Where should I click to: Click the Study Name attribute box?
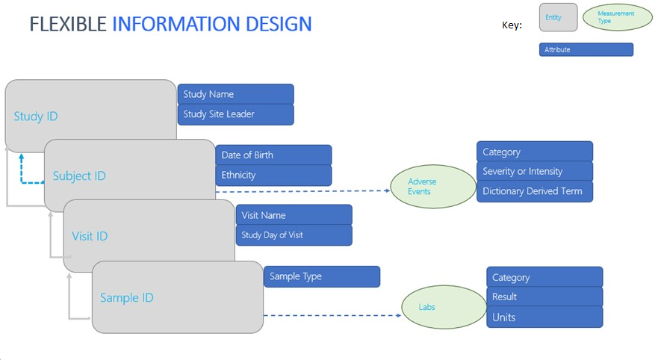236,94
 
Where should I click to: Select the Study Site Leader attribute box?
236,115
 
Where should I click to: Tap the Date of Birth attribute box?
273,155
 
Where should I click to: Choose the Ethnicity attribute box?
273,176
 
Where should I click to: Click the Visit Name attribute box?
294,215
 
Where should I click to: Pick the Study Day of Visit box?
294,235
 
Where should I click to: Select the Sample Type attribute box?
322,276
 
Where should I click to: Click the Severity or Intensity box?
535,171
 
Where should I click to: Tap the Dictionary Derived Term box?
535,191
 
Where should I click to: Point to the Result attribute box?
544,297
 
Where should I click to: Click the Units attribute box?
544,317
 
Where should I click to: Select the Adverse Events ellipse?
433,186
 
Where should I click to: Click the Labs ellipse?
444,307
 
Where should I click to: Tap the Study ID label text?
36,117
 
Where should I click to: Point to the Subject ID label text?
79,176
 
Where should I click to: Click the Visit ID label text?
90,236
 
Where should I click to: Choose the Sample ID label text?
127,298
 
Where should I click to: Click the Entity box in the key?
558,17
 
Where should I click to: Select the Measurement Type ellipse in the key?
618,17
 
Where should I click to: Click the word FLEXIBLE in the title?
68,24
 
